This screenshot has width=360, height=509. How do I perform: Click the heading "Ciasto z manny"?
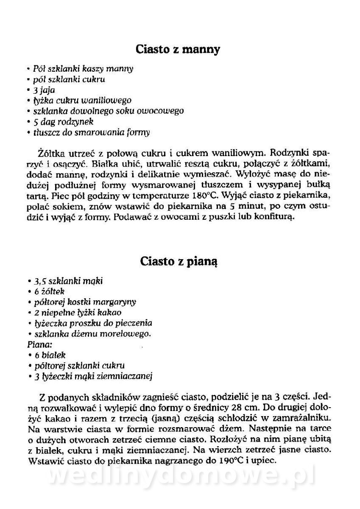pos(178,49)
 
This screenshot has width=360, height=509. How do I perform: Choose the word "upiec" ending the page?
pos(266,460)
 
